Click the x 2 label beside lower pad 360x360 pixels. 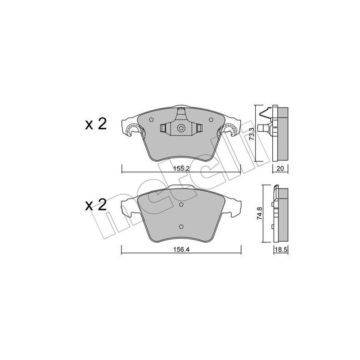(95, 206)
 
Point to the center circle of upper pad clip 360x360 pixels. (181, 128)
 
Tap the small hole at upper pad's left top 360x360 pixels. (151, 120)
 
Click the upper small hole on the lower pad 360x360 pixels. (181, 205)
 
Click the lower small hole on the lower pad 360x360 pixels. (181, 226)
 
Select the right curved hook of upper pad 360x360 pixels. (228, 130)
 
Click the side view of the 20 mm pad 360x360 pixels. (281, 134)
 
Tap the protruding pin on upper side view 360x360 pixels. (262, 128)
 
